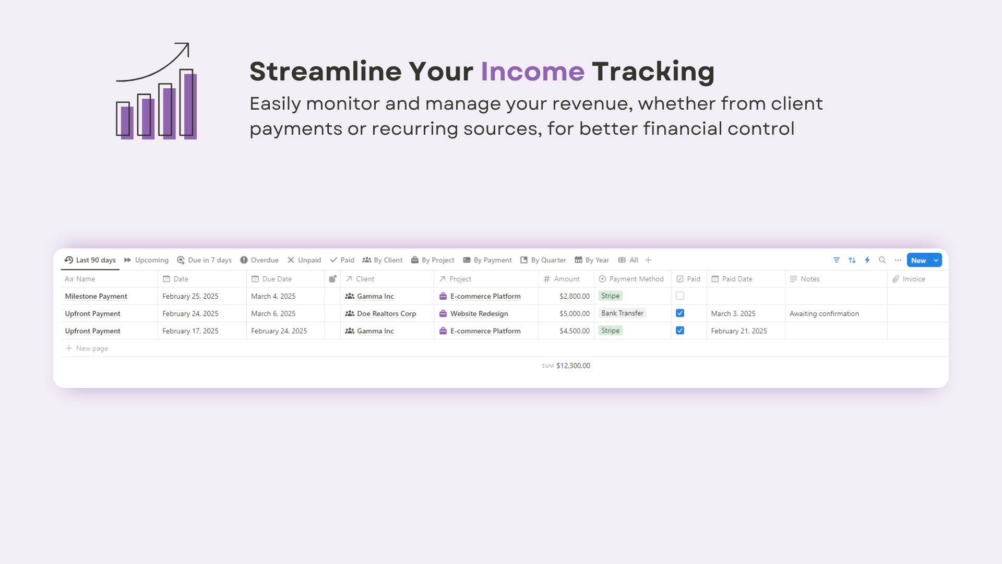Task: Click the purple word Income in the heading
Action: (x=532, y=72)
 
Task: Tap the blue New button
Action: (x=918, y=260)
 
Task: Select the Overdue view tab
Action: (x=259, y=260)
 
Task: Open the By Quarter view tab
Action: (x=543, y=260)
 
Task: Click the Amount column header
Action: (x=562, y=279)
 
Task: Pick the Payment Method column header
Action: (x=631, y=279)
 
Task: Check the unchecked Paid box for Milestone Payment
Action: (x=680, y=296)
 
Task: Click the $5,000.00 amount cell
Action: (x=575, y=313)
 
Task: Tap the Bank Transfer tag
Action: (x=622, y=313)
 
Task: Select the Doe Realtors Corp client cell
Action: (x=380, y=313)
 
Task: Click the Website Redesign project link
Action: (x=479, y=313)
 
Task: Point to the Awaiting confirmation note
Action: (x=824, y=313)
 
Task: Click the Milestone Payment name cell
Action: (x=96, y=296)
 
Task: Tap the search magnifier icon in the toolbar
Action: (x=882, y=260)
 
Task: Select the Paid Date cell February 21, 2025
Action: (x=739, y=331)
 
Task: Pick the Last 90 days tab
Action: (x=90, y=260)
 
